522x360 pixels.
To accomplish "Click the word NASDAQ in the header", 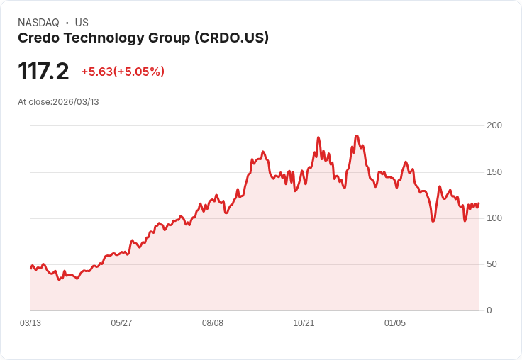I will (x=38, y=23).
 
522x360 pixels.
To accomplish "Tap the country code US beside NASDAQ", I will (x=82, y=23).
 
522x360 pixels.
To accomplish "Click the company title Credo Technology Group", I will (x=104, y=38).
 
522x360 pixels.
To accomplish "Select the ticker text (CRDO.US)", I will (x=231, y=38).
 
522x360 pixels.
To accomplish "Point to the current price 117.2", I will (x=43, y=72).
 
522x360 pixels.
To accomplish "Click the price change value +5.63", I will (x=96, y=72).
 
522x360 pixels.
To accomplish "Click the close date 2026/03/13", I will (x=76, y=102).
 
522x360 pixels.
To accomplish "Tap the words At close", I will (x=34, y=102).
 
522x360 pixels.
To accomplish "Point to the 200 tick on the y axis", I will (x=494, y=125).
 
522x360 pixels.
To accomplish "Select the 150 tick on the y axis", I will (x=494, y=172).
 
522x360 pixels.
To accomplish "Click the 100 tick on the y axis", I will (x=494, y=218).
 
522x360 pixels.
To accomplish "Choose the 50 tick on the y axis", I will (x=492, y=264).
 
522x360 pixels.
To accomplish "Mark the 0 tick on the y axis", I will (x=489, y=310).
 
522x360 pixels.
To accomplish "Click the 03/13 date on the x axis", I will (x=30, y=323).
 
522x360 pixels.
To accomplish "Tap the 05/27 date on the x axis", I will (x=121, y=323).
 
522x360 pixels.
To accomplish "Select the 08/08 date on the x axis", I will (x=213, y=323).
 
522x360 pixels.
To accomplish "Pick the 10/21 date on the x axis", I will (x=304, y=323).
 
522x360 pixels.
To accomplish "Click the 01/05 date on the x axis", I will (x=395, y=323).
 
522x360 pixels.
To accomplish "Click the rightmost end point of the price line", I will (x=479, y=203).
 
